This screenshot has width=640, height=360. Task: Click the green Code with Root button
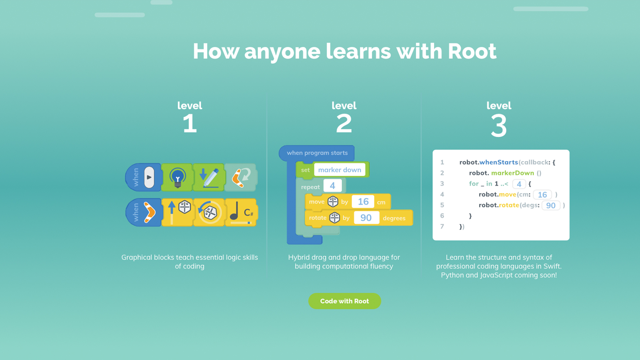pyautogui.click(x=344, y=301)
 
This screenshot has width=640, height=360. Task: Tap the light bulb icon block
pyautogui.click(x=177, y=177)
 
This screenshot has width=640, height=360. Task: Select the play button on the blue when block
pyautogui.click(x=149, y=177)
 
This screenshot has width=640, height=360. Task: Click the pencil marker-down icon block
pyautogui.click(x=209, y=177)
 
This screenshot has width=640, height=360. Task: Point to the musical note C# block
pyautogui.click(x=241, y=212)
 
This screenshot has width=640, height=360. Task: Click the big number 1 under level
pyautogui.click(x=190, y=123)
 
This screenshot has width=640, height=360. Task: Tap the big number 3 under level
pyautogui.click(x=499, y=125)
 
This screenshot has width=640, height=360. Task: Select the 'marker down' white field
pyautogui.click(x=339, y=170)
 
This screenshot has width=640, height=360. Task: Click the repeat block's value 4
pyautogui.click(x=332, y=186)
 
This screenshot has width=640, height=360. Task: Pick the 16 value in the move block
pyautogui.click(x=363, y=202)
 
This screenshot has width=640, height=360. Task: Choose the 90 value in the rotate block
pyautogui.click(x=366, y=218)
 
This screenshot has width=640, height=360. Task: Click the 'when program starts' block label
pyautogui.click(x=317, y=153)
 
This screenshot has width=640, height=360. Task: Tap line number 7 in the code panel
pyautogui.click(x=442, y=226)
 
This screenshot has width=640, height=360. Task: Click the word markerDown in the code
pyautogui.click(x=512, y=173)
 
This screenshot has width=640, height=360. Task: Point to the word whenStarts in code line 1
pyautogui.click(x=499, y=162)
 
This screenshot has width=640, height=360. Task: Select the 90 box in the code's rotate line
pyautogui.click(x=551, y=205)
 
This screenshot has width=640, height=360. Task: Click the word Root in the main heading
pyautogui.click(x=472, y=51)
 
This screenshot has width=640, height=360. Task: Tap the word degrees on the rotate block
pyautogui.click(x=394, y=218)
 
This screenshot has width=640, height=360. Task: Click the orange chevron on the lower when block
pyautogui.click(x=149, y=212)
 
